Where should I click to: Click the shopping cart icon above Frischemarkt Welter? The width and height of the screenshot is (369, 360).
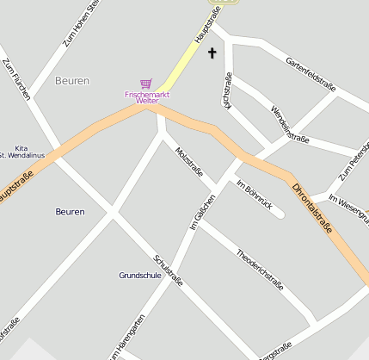tap(146, 84)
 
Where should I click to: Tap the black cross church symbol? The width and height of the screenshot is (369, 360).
tap(212, 53)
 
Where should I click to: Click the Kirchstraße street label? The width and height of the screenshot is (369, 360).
tap(227, 90)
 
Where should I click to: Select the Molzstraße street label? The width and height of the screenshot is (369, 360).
tap(188, 163)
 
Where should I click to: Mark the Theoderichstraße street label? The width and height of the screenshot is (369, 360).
tap(259, 265)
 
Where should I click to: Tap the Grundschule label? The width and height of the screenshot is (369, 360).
tap(139, 276)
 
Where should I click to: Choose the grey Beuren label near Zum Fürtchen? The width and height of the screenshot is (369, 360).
tap(71, 80)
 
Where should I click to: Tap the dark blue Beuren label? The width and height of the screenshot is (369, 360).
tap(70, 211)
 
